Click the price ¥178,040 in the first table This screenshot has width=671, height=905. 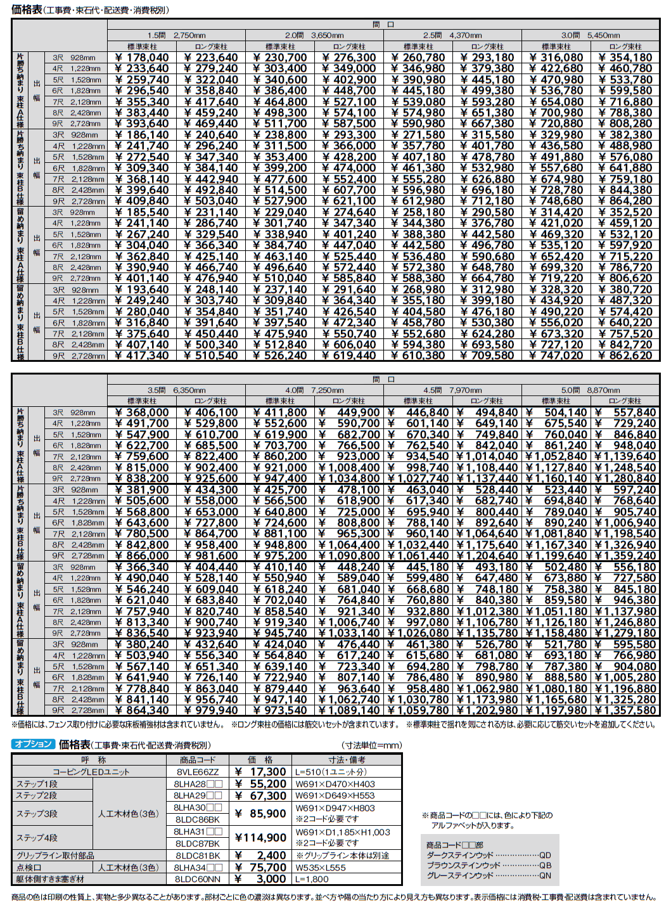[142, 58]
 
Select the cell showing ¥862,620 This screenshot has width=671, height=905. [625, 356]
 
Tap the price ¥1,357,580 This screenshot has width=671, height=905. [625, 710]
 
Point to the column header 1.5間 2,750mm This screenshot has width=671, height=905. [176, 35]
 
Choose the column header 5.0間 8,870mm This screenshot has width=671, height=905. [591, 390]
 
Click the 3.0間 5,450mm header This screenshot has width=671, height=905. [591, 35]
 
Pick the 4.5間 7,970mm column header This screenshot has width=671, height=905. [452, 390]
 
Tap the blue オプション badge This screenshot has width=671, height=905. [33, 744]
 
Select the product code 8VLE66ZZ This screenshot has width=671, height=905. [197, 772]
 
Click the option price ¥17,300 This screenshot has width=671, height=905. [260, 772]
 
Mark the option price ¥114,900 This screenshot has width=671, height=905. [260, 838]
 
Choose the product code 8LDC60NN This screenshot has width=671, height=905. [197, 879]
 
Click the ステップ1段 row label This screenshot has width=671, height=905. [37, 784]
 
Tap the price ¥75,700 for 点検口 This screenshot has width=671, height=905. [260, 868]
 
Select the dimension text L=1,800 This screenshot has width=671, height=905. [312, 879]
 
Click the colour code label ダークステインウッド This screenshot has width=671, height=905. [460, 855]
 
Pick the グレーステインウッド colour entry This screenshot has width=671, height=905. [460, 875]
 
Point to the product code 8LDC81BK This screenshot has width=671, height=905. [197, 856]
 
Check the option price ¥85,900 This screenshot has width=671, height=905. [260, 814]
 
